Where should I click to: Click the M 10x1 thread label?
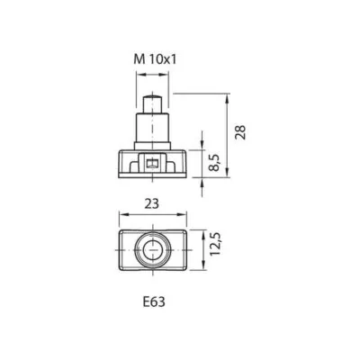155,59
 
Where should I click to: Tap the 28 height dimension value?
240,131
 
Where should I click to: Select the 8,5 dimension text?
215,163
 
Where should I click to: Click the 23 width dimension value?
152,204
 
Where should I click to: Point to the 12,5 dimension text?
215,244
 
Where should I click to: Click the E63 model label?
154,302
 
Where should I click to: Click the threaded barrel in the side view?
153,128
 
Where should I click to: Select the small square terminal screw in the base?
153,164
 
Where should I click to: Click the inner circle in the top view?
153,250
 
